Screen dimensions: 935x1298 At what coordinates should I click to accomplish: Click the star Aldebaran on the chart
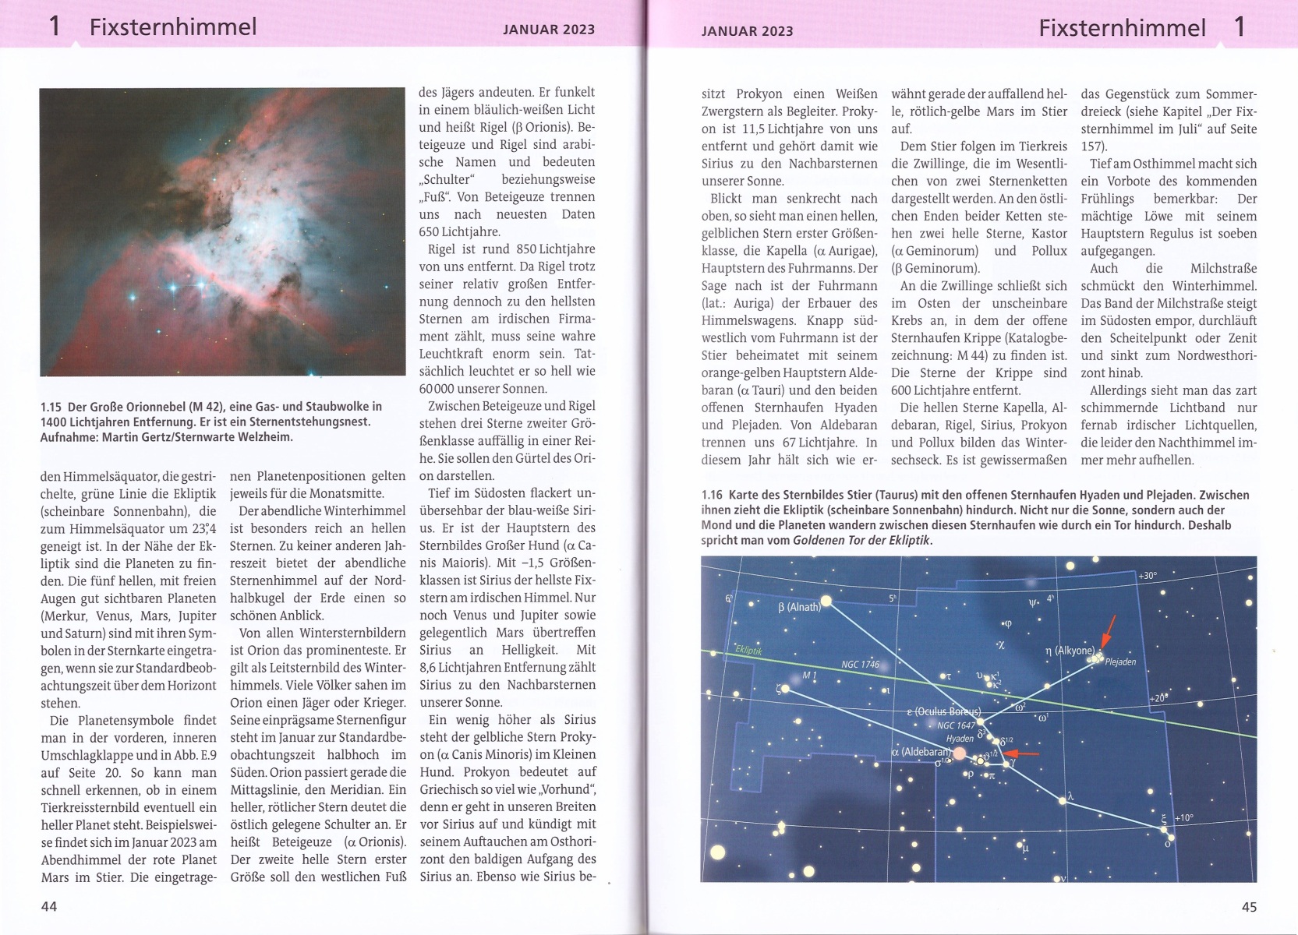(960, 753)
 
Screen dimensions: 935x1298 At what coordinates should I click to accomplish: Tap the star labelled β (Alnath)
(826, 601)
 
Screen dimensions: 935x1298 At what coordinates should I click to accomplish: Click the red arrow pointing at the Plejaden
(1109, 630)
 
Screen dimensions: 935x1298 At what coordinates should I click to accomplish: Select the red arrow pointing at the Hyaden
(1020, 753)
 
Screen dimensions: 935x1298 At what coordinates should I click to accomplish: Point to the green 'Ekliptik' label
(748, 651)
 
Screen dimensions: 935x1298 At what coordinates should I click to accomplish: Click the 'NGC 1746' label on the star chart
(860, 665)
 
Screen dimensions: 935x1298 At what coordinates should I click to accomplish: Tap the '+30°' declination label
(1148, 576)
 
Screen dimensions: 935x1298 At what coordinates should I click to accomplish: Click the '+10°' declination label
(1183, 818)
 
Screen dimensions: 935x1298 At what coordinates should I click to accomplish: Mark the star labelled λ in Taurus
(1061, 799)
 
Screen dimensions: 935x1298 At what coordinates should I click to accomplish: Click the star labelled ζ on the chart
(785, 689)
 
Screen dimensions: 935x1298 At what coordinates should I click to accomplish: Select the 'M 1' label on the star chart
(809, 675)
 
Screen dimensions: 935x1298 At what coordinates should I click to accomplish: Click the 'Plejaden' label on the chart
(1120, 662)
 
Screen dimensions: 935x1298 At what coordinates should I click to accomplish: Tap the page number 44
(49, 906)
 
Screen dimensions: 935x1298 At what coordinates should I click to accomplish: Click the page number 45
(1249, 906)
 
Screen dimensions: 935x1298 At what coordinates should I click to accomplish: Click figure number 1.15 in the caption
(51, 407)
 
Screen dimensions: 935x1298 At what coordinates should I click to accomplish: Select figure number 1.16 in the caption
(712, 495)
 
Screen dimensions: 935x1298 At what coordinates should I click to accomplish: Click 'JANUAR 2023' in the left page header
(548, 30)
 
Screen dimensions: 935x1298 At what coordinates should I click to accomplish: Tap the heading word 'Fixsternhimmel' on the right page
(1122, 28)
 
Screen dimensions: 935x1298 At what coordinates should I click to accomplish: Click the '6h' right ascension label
(730, 598)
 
